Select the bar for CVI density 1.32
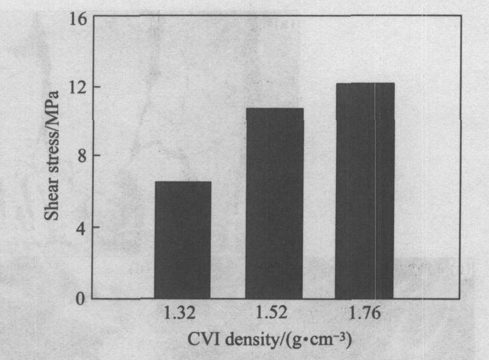pyautogui.click(x=183, y=240)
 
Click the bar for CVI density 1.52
pyautogui.click(x=275, y=204)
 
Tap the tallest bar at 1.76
pyautogui.click(x=364, y=191)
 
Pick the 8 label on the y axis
pyautogui.click(x=80, y=155)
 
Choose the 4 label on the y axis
pyautogui.click(x=80, y=227)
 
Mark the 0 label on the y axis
pyautogui.click(x=80, y=299)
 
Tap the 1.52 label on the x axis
pyautogui.click(x=272, y=314)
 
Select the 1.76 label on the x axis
pyautogui.click(x=364, y=314)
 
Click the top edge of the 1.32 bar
pyautogui.click(x=183, y=182)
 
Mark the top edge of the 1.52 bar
pyautogui.click(x=275, y=109)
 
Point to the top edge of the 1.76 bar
pyautogui.click(x=364, y=83)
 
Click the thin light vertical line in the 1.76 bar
pyautogui.click(x=375, y=191)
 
